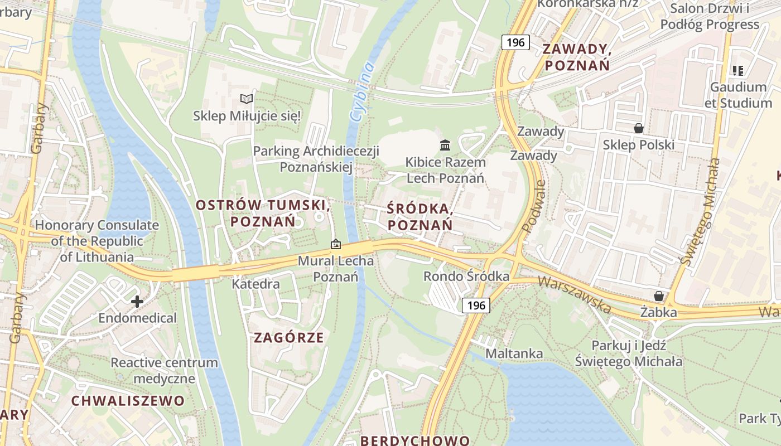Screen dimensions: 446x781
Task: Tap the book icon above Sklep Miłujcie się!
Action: [x=247, y=99]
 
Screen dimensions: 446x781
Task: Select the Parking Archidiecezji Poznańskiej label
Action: [x=316, y=159]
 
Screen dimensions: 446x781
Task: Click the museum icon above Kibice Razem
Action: [x=445, y=146]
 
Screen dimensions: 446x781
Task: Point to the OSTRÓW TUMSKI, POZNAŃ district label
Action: [x=263, y=213]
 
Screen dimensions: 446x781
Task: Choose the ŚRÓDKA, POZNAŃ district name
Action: [x=420, y=217]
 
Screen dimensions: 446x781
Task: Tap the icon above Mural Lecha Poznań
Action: [x=336, y=244]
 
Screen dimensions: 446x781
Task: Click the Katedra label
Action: [x=255, y=284]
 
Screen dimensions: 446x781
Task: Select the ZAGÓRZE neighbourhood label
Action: [x=289, y=337]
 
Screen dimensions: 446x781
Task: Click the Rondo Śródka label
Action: [x=466, y=276]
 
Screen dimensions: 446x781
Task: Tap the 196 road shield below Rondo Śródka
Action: [x=476, y=305]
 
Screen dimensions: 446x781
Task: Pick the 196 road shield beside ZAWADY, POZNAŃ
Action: [x=515, y=42]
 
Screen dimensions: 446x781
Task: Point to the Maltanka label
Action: [x=514, y=353]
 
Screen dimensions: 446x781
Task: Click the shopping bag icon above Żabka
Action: [x=659, y=295]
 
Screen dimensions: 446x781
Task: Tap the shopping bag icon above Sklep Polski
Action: [x=639, y=128]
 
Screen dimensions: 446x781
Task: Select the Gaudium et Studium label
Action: [x=738, y=95]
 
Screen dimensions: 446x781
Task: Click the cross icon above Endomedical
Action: [x=137, y=302]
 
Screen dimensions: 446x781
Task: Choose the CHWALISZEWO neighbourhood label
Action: [x=128, y=401]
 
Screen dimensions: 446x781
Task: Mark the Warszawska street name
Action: [x=574, y=294]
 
